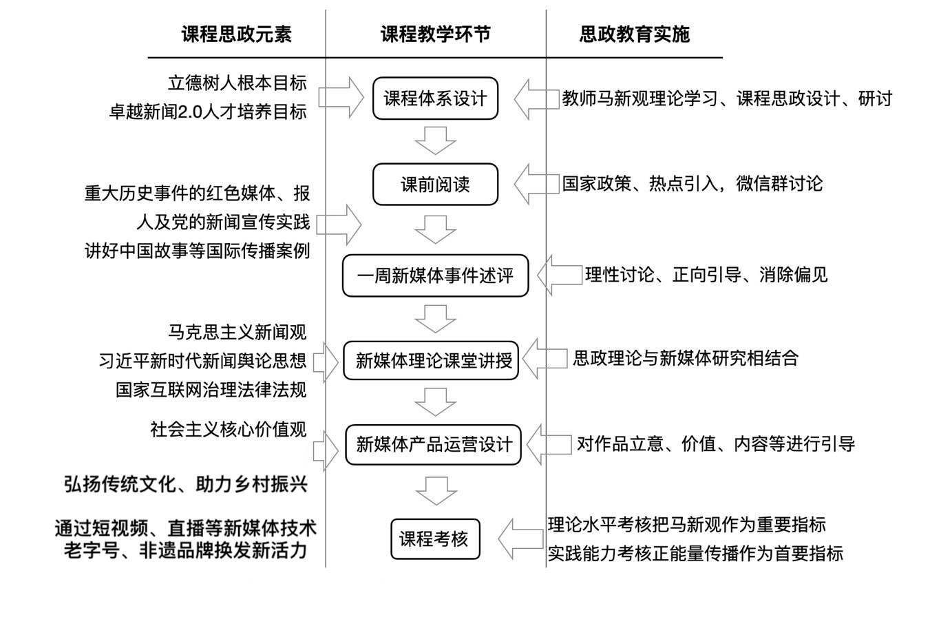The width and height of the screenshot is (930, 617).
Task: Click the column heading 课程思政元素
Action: click(x=236, y=35)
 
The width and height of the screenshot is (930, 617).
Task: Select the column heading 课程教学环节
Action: click(x=435, y=35)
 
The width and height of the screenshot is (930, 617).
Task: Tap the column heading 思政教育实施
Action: click(x=634, y=35)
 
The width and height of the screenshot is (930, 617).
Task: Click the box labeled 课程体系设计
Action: click(x=435, y=98)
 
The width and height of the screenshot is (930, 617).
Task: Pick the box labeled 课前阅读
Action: click(x=435, y=185)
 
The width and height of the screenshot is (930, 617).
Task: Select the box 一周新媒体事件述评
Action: click(x=435, y=275)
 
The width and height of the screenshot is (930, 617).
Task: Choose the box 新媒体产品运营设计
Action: click(x=434, y=445)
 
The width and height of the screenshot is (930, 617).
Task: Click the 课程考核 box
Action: click(x=435, y=538)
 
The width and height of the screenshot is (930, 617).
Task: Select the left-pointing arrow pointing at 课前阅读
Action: click(x=536, y=184)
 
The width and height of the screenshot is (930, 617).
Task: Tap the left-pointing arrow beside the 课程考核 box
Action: click(x=520, y=538)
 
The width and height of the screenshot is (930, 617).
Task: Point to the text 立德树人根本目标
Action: click(x=237, y=83)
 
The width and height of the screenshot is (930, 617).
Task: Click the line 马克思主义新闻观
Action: click(x=237, y=332)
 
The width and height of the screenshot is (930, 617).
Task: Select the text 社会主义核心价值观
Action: click(x=229, y=430)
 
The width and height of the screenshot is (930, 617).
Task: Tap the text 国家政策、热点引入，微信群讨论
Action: click(x=692, y=184)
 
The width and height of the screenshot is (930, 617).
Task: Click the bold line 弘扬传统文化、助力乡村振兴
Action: click(x=186, y=484)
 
